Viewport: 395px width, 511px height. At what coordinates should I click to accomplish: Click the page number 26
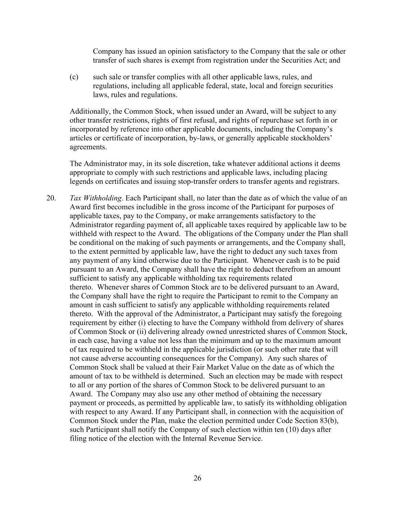[x=197, y=478]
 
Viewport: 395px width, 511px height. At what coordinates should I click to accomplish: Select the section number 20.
[x=51, y=198]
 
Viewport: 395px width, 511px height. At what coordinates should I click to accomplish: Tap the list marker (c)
[x=74, y=77]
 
